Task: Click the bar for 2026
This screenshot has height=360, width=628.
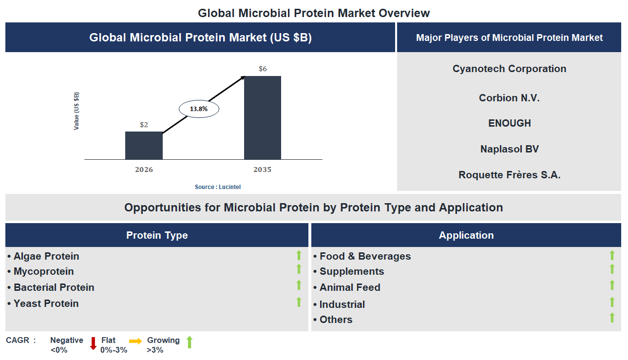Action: point(144,145)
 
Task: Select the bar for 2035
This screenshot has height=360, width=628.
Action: point(262,117)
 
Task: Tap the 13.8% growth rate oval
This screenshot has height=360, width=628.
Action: point(199,109)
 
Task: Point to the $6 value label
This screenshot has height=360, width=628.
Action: point(263,69)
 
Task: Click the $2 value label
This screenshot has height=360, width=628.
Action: point(144,125)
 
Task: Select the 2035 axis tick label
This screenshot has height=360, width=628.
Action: point(262,170)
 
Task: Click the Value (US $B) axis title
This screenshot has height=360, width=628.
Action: point(76,111)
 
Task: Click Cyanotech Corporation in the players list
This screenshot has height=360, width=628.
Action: point(509,69)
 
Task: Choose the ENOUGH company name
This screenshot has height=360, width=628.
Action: point(509,123)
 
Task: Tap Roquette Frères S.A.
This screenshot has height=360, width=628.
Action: point(509,174)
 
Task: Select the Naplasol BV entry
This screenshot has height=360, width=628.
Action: point(509,149)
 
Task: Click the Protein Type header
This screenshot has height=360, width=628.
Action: point(157,235)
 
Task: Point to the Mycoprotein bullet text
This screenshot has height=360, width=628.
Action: point(44,271)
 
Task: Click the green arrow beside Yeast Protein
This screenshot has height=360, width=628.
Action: point(299,302)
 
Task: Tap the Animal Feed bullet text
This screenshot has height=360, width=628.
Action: point(350,287)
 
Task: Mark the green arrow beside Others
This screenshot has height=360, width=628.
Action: point(612,318)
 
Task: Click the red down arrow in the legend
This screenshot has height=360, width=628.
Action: point(93,343)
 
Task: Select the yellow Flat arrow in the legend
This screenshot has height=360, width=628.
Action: point(135,341)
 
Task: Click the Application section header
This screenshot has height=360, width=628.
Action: point(466,235)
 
